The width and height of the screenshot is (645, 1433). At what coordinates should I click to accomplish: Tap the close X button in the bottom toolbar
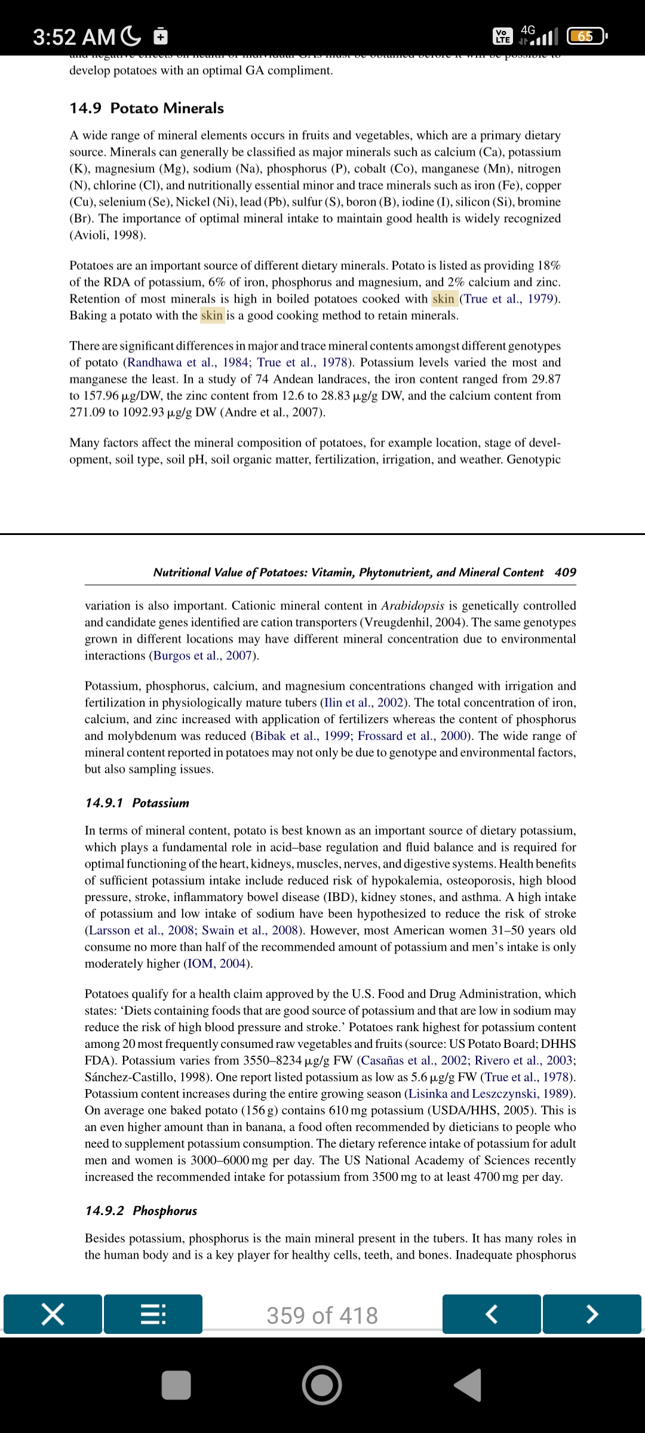click(x=53, y=1314)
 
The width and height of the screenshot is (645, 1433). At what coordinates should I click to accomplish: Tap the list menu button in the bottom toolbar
click(x=153, y=1314)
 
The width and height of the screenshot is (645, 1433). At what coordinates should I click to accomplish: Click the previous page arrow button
click(x=492, y=1314)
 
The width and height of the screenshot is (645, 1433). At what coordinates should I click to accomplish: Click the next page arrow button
click(x=592, y=1314)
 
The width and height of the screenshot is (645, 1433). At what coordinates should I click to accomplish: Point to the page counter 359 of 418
click(x=322, y=1315)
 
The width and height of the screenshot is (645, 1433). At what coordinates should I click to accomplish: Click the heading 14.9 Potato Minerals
click(x=146, y=108)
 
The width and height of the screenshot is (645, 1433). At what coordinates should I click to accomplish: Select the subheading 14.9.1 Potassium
click(x=137, y=803)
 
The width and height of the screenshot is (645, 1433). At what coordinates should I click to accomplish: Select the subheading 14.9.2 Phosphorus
click(x=141, y=1211)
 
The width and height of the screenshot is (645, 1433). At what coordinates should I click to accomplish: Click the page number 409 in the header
click(x=565, y=573)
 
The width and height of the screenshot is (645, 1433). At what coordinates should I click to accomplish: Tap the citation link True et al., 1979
click(x=509, y=299)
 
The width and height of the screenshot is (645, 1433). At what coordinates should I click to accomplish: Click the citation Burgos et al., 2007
click(x=204, y=656)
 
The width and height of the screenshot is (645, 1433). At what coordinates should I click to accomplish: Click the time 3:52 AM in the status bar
click(x=74, y=37)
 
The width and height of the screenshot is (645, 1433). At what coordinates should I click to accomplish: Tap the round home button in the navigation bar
click(x=322, y=1385)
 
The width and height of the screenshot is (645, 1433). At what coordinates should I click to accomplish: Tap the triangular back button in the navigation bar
click(x=469, y=1385)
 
